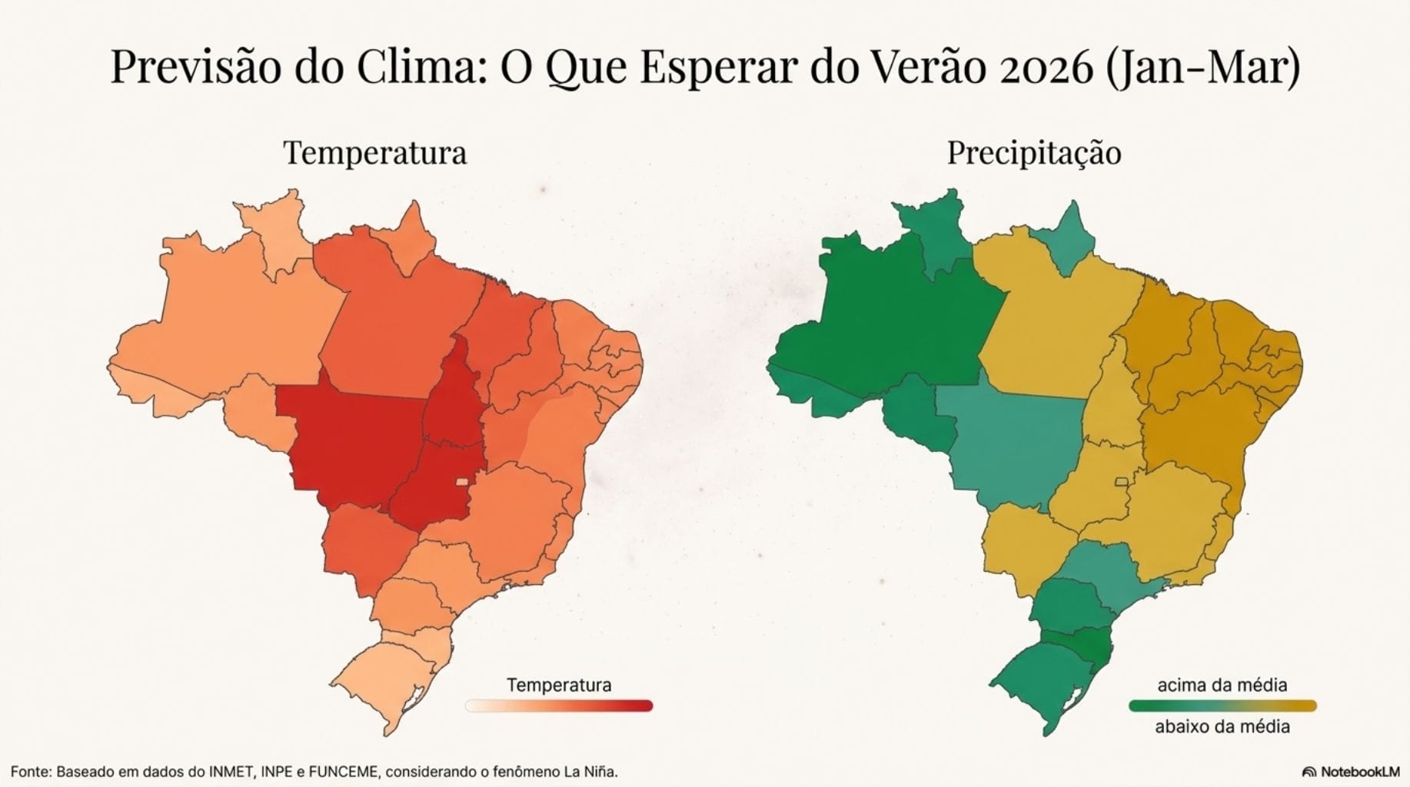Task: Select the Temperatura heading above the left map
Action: (375, 152)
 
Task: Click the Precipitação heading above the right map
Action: (1033, 152)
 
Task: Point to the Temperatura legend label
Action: (559, 685)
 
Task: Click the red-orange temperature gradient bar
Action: (559, 706)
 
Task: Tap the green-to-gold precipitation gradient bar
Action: (1222, 706)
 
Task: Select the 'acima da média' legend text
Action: (1222, 685)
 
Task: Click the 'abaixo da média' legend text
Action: (1222, 726)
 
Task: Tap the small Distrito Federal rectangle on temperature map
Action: (461, 482)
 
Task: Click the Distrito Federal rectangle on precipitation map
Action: (1122, 482)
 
